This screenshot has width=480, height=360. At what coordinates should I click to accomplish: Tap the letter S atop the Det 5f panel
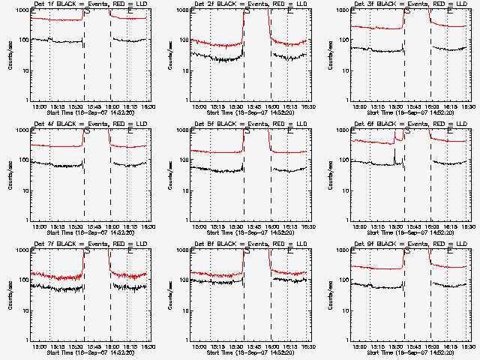[245, 131]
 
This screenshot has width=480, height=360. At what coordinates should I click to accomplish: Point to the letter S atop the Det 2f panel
[245, 11]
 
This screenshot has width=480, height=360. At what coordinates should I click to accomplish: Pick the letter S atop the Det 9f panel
[406, 251]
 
